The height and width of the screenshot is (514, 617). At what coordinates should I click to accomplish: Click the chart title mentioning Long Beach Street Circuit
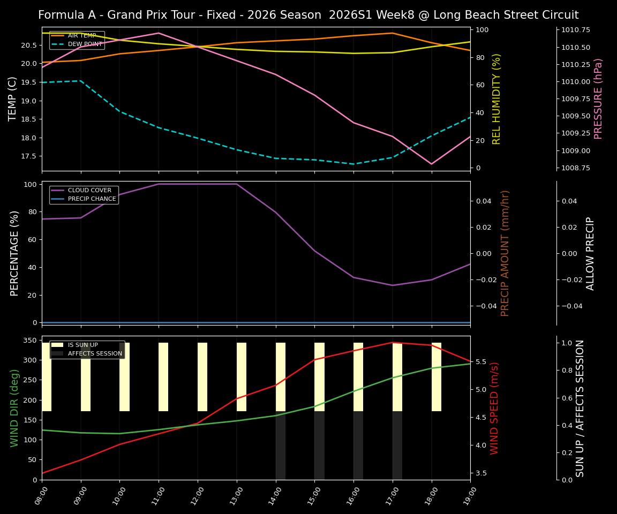pos(308,15)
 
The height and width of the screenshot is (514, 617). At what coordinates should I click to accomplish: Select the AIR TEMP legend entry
pos(81,36)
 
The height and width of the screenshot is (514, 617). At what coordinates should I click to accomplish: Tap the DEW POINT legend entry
pos(85,44)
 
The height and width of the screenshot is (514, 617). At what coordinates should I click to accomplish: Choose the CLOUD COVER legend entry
pos(89,190)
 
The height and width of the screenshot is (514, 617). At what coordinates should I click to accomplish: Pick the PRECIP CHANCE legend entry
pos(92,199)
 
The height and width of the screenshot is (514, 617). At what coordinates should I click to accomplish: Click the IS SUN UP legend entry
pos(83,345)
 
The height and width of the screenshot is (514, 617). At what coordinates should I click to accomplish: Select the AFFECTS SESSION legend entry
pos(95,354)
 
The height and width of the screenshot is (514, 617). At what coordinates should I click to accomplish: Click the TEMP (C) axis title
pos(13,99)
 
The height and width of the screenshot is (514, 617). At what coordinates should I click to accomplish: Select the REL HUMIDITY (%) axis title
pos(496,99)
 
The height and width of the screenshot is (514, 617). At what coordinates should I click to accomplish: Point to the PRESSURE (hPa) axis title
pos(598,99)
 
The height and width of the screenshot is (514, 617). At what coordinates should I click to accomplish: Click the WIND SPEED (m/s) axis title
pos(494,408)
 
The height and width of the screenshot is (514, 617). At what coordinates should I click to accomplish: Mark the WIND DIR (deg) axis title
pos(14,408)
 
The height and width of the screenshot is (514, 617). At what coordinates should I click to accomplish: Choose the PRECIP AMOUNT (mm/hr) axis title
pos(505,253)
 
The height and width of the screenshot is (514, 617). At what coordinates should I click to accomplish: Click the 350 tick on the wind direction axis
pos(31,340)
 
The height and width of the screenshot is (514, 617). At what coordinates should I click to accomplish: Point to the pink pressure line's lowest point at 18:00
pos(431,164)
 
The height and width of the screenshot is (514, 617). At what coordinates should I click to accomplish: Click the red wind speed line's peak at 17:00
pos(393,342)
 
